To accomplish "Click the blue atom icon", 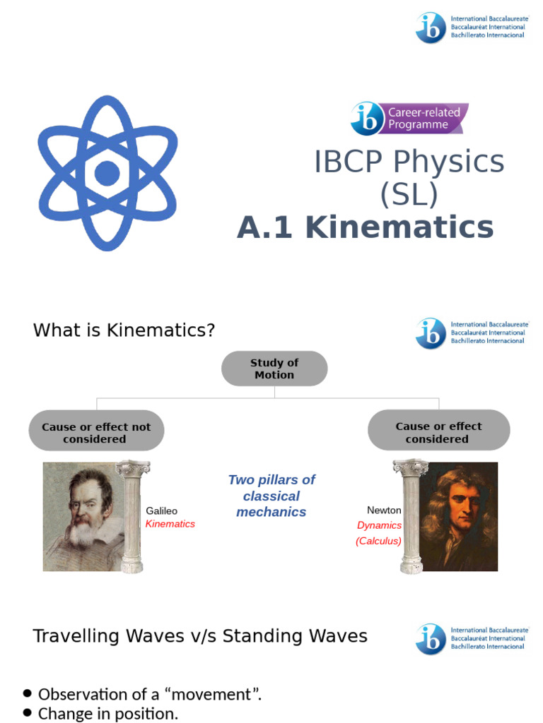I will pos(107,173).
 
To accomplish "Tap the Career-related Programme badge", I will pos(409,119).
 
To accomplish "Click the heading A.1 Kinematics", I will pos(365,227).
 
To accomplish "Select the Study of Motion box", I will pos(274,369).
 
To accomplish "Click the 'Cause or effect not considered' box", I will pos(96,432).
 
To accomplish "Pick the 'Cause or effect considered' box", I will pos(438,432).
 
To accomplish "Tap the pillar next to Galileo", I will pos(132,516).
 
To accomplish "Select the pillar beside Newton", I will pos(411,516).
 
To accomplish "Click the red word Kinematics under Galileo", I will pos(170,524).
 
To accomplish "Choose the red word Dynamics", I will pos(379,525).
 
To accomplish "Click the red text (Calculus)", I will pos(378,541).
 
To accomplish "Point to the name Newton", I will pos(384,510).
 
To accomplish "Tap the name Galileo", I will pos(162,510).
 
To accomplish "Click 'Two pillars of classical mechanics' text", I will pos(271,496).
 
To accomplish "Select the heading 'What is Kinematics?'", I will pos(124,330).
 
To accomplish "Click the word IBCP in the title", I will pos(349,162).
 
